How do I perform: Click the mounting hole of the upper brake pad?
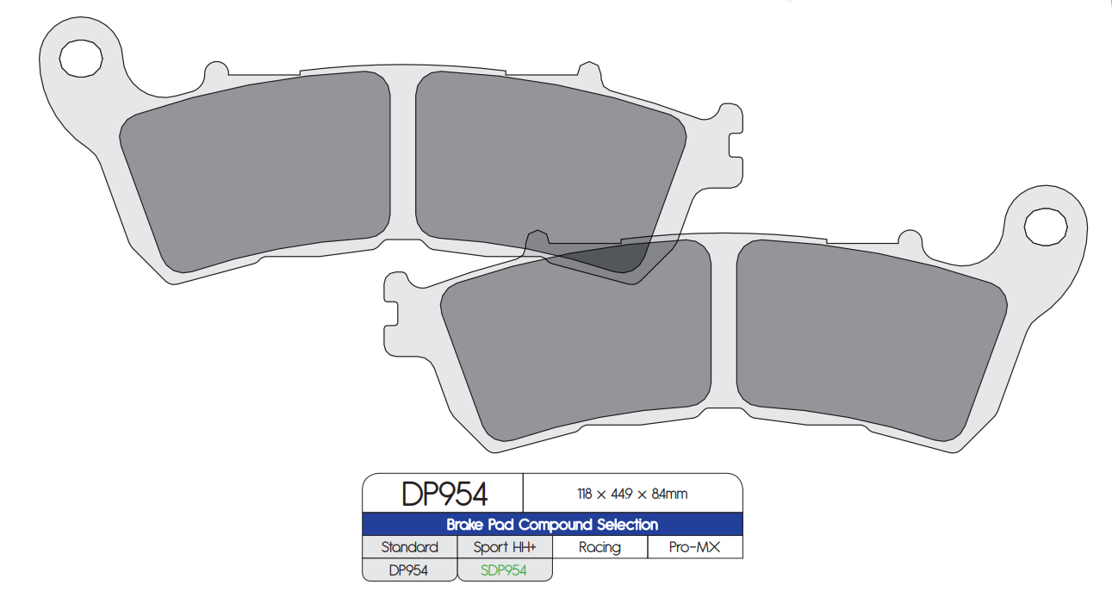point(80,58)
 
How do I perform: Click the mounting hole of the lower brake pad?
point(1045,226)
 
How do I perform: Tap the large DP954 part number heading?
point(444,494)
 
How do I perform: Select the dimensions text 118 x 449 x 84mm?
point(632,494)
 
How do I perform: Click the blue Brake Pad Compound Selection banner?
point(552,525)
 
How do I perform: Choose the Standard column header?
point(409,547)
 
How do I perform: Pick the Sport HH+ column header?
point(505,547)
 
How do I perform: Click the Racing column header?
point(599,547)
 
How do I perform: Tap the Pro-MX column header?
point(695,547)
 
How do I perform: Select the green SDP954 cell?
point(505,570)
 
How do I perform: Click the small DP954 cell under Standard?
point(409,570)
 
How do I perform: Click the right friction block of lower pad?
point(870,336)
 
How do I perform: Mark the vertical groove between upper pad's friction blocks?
point(403,155)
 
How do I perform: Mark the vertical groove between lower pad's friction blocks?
point(724,327)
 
